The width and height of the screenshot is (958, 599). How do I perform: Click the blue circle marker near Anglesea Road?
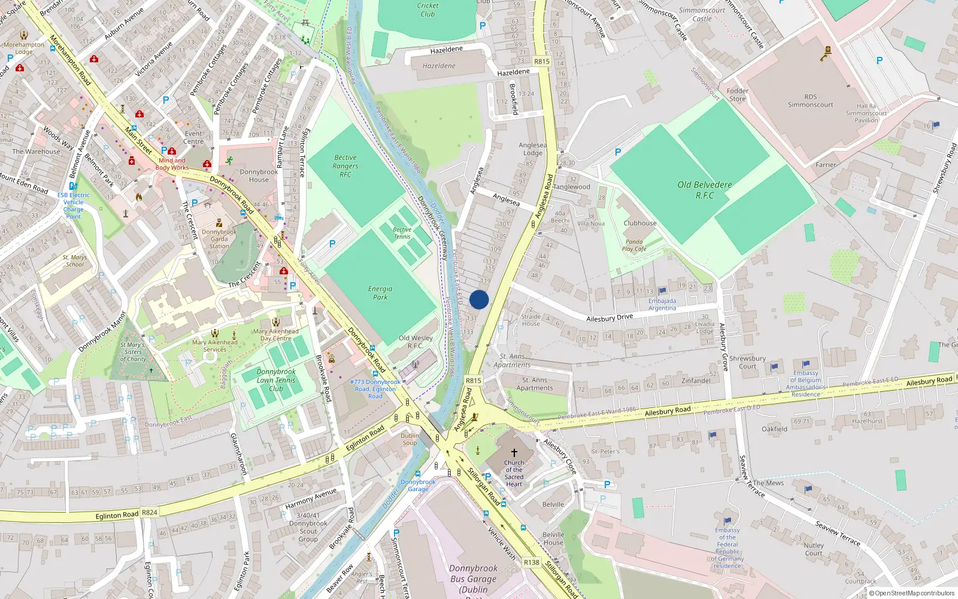click(479, 299)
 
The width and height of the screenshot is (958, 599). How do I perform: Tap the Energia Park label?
click(380, 293)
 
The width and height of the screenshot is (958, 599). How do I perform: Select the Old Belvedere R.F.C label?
click(705, 190)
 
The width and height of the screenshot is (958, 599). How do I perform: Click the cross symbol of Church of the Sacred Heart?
click(514, 453)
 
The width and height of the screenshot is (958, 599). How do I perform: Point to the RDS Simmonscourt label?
click(810, 101)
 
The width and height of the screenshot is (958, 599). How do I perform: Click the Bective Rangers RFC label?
click(345, 166)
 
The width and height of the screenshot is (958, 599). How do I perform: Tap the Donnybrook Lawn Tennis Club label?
click(276, 380)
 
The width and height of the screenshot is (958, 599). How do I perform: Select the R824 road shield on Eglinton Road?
click(149, 513)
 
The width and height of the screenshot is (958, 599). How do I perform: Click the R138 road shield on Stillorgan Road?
click(531, 562)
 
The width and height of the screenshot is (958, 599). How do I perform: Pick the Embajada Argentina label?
click(662, 304)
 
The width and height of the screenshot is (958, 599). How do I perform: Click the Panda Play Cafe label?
click(634, 246)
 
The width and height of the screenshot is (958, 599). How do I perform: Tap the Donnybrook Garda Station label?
click(219, 238)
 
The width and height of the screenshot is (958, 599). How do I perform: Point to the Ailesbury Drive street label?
click(609, 318)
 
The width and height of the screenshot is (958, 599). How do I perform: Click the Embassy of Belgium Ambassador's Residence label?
click(805, 383)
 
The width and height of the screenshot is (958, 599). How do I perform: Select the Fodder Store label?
click(737, 95)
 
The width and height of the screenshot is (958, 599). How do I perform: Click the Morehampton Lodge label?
click(24, 48)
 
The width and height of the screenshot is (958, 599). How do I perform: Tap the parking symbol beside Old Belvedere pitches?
click(618, 152)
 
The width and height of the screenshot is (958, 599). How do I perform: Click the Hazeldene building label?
click(439, 66)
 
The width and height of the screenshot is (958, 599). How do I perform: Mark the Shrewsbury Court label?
click(747, 362)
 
